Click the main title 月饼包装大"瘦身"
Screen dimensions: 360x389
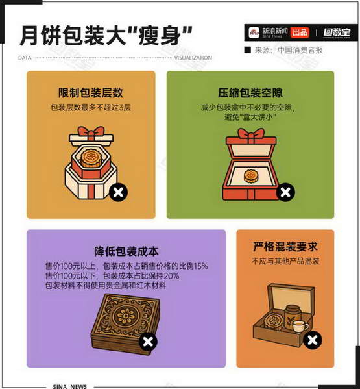pyautogui.click(x=106, y=36)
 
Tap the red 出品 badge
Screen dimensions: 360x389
pyautogui.click(x=300, y=32)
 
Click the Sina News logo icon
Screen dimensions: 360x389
pyautogui.click(x=254, y=32)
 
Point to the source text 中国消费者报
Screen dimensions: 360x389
pyautogui.click(x=300, y=50)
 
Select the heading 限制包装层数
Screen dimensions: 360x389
pyautogui.click(x=91, y=93)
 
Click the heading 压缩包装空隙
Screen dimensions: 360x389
pyautogui.click(x=250, y=93)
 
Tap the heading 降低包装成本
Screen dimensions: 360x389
pyautogui.click(x=126, y=251)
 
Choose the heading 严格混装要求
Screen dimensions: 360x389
pyautogui.click(x=285, y=247)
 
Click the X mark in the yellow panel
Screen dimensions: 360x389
pyautogui.click(x=118, y=192)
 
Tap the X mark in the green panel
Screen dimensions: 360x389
pyautogui.click(x=285, y=192)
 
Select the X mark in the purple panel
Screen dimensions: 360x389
pyautogui.click(x=148, y=342)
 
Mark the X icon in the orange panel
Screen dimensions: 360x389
pyautogui.click(x=313, y=340)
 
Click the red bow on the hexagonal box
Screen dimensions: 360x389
pyautogui.click(x=91, y=132)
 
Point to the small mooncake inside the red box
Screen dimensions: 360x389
pyautogui.click(x=252, y=175)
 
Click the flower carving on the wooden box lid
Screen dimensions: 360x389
pyautogui.click(x=126, y=316)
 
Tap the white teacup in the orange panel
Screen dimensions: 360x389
pyautogui.click(x=300, y=326)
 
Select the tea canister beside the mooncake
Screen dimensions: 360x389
pyautogui.click(x=293, y=315)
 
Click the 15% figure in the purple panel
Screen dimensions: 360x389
pyautogui.click(x=200, y=266)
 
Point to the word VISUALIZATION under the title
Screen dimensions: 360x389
pyautogui.click(x=193, y=58)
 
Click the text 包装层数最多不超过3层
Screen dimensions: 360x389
pyautogui.click(x=91, y=107)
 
